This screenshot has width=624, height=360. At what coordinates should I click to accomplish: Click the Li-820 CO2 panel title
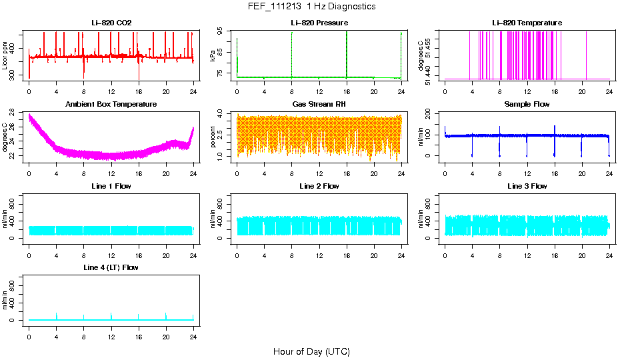click(x=111, y=23)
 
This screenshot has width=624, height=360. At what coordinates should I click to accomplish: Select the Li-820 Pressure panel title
click(x=319, y=23)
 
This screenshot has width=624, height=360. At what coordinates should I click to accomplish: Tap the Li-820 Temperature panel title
click(x=527, y=23)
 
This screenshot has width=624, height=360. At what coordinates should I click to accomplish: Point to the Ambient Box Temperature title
click(x=111, y=104)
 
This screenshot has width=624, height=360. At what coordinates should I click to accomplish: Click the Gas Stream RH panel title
click(x=319, y=104)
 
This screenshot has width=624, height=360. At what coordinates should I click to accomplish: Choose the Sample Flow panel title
click(x=527, y=104)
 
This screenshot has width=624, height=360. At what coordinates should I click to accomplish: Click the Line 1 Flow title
click(x=111, y=186)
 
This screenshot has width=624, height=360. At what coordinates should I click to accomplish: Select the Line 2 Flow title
click(x=319, y=186)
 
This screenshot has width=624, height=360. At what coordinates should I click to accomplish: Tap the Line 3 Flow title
click(x=527, y=186)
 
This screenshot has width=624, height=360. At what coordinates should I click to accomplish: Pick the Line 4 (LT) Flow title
click(x=111, y=267)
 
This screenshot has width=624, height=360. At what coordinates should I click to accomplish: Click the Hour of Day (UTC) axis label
click(x=311, y=351)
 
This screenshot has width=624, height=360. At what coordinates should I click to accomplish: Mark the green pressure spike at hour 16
click(x=347, y=53)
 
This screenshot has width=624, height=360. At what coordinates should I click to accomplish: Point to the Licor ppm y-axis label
click(x=5, y=56)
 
